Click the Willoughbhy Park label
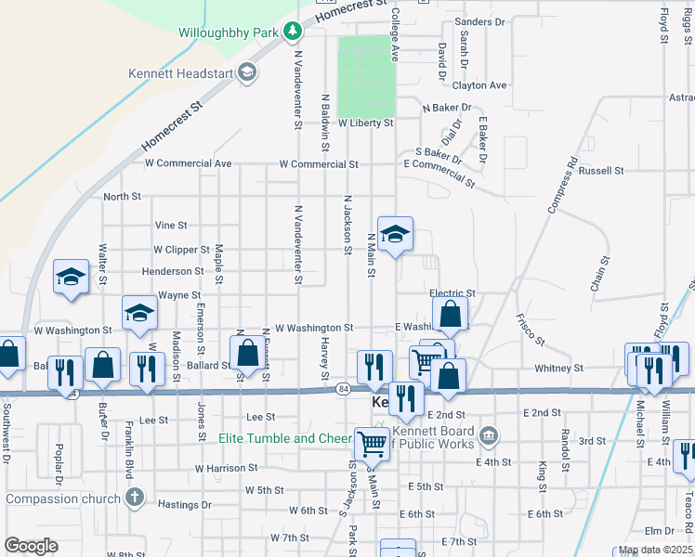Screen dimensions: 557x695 [229, 32]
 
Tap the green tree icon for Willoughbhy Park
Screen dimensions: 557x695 [294, 32]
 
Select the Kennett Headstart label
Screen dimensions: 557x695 [180, 72]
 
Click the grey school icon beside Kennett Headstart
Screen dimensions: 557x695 [247, 72]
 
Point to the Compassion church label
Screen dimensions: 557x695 [62, 499]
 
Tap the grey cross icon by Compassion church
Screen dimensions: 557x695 [136, 499]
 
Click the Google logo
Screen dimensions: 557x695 [31, 546]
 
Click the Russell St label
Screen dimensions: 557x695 [601, 171]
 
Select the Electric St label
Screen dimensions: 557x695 [452, 293]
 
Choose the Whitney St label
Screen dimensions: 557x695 [558, 369]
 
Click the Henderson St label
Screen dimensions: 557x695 [173, 271]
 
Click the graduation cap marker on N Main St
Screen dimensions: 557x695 [395, 236]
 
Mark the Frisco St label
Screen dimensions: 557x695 [529, 329]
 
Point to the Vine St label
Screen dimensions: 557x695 [171, 225]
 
